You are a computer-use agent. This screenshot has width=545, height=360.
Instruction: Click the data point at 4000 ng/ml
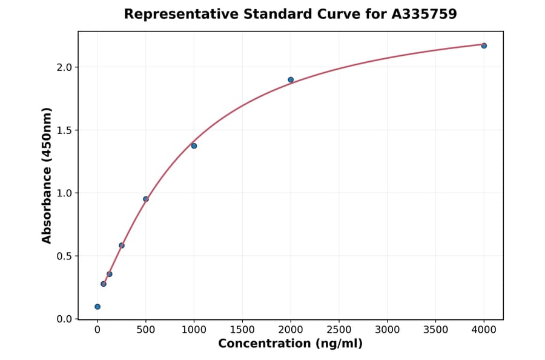(x=484, y=45)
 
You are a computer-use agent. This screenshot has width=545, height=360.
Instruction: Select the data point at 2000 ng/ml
(x=291, y=79)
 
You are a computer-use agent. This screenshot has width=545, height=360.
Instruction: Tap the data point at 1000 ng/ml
(x=194, y=145)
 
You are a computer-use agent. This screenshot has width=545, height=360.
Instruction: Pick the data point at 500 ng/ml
(x=146, y=199)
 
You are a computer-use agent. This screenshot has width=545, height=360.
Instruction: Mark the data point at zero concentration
(x=97, y=307)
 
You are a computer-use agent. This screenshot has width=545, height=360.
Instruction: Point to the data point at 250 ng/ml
(x=122, y=245)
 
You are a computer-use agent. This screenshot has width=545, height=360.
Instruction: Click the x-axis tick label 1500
(x=242, y=330)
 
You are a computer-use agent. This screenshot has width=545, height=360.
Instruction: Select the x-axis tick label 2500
(x=339, y=330)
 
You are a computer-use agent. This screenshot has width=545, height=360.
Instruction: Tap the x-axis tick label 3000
(x=388, y=330)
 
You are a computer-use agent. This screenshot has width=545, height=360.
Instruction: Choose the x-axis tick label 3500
(x=436, y=330)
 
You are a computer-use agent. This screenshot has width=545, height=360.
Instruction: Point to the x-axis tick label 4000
(x=484, y=330)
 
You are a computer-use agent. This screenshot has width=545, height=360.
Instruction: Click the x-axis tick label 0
(x=97, y=330)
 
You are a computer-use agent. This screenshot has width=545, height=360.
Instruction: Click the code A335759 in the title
(x=424, y=14)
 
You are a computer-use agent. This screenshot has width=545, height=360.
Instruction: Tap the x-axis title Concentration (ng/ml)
(x=290, y=344)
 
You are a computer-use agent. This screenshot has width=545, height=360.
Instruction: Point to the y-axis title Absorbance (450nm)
(x=47, y=175)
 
